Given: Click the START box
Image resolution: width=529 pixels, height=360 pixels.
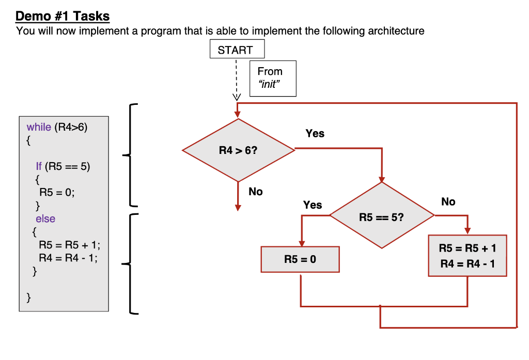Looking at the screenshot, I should (x=237, y=50).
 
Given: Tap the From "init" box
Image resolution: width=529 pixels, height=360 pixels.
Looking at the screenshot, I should (x=273, y=78).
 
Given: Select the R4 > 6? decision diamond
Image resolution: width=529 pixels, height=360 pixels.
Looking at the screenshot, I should (x=238, y=150).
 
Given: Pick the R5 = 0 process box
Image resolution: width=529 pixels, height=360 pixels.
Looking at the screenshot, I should (x=300, y=259).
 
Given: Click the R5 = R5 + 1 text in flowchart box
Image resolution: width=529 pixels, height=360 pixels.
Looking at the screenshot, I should (x=467, y=248).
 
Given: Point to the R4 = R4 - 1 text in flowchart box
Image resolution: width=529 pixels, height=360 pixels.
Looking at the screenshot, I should (x=467, y=264).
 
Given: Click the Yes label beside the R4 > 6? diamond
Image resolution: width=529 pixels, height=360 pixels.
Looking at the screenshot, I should (x=315, y=133).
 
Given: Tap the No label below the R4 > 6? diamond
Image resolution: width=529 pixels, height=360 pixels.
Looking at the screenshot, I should (x=255, y=192).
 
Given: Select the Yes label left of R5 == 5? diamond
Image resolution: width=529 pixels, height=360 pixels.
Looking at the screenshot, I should (x=312, y=205).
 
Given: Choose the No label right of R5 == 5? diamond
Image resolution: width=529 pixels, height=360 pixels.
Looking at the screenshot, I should (x=448, y=202).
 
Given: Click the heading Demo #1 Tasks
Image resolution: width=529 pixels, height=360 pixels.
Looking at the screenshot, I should (x=63, y=17).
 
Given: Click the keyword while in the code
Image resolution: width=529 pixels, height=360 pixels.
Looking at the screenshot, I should (x=39, y=127).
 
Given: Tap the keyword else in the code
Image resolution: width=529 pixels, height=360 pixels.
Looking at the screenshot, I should (x=45, y=219).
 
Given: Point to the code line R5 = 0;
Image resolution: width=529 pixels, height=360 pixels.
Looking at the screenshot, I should (x=57, y=192).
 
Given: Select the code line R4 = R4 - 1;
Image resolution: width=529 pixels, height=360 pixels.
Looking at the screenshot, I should (x=67, y=258).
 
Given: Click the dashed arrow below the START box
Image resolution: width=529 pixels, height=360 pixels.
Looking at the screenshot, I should (x=237, y=77).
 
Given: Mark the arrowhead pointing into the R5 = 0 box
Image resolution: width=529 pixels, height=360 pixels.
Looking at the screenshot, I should (x=301, y=243).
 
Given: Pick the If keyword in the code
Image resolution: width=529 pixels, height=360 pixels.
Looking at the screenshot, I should (x=39, y=166).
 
